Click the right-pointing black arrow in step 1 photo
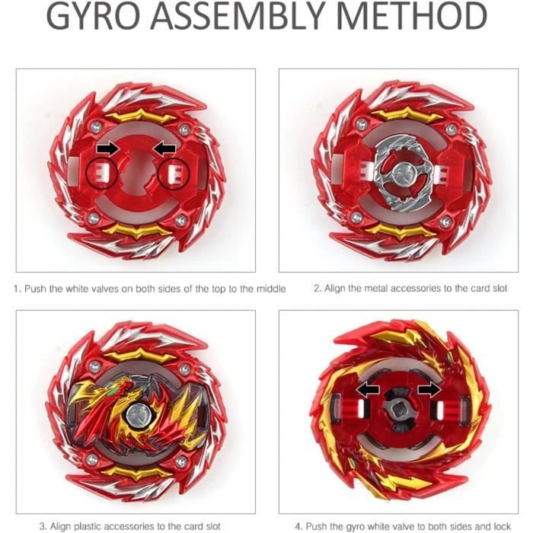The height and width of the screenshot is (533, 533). [x=108, y=149]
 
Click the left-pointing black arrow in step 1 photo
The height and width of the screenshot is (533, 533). [x=164, y=149]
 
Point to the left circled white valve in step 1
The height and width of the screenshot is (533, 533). [x=102, y=173]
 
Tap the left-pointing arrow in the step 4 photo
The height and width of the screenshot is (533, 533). [x=368, y=390]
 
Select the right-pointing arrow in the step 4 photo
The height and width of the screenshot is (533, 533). [x=429, y=390]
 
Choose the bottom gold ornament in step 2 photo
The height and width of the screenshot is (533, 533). [x=402, y=231]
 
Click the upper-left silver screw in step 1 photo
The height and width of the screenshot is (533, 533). [x=96, y=128]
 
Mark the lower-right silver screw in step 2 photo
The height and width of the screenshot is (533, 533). [x=445, y=222]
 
